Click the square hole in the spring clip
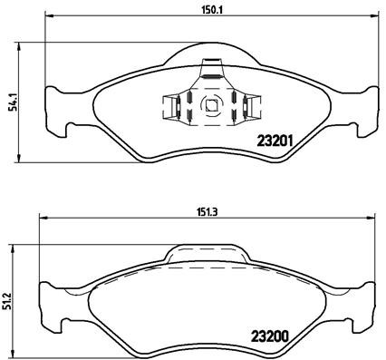click(211, 103)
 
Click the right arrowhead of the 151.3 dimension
click(371, 218)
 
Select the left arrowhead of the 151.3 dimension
click(40, 218)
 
